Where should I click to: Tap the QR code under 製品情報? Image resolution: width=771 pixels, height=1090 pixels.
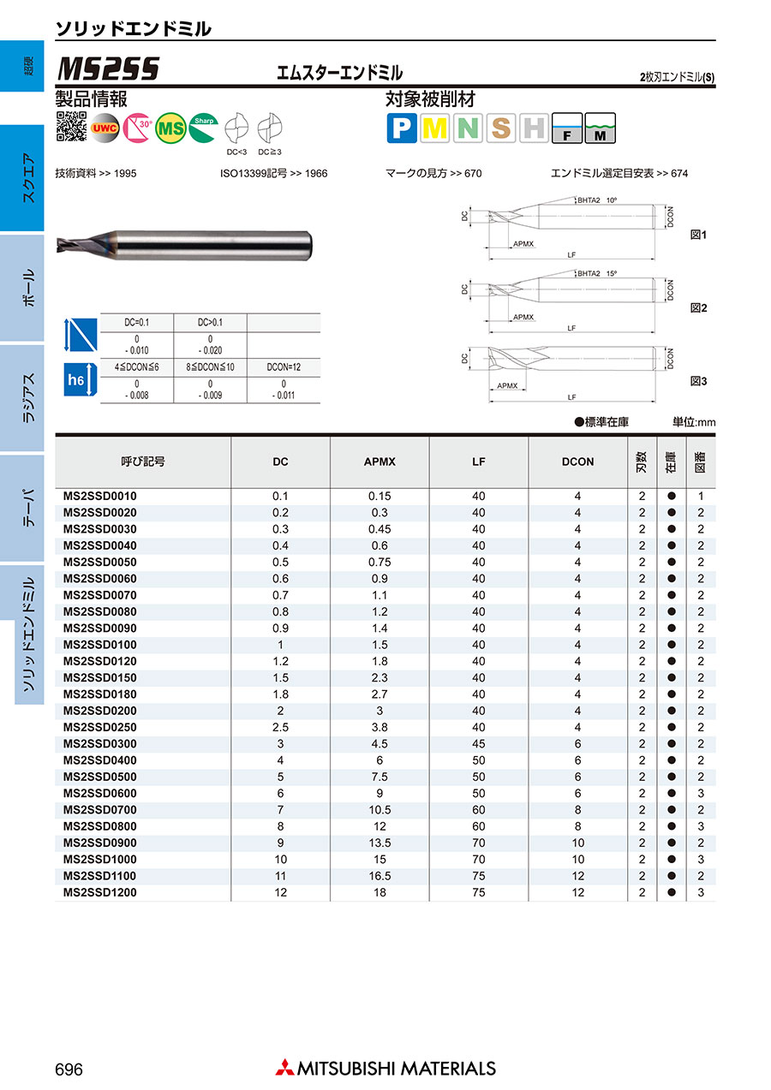coord(71,127)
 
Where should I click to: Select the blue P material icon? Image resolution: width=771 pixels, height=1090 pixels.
coord(402,128)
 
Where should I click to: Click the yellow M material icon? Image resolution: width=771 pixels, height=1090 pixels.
coord(435,128)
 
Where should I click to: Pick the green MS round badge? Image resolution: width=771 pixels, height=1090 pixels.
coord(171,128)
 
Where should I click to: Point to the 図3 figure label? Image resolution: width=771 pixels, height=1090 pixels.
coord(699,380)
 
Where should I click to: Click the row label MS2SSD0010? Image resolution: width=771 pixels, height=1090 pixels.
coord(100,496)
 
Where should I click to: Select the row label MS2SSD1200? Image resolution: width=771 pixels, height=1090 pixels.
coord(100,892)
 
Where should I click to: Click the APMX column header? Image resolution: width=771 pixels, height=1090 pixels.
coord(380,462)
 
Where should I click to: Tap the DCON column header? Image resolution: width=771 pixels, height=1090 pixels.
coord(577,462)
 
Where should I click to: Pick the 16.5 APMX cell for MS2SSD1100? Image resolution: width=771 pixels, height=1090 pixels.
coord(380,876)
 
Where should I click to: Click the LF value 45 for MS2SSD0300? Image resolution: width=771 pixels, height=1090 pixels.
coord(478,743)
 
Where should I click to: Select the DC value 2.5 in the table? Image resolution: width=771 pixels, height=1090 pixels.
coord(280,727)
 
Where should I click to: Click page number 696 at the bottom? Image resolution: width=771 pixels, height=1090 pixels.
coord(69,1069)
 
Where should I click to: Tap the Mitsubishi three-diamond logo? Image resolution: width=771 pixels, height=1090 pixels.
coord(284,1068)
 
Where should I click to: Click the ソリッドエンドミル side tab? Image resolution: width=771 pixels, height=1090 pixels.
coord(28,634)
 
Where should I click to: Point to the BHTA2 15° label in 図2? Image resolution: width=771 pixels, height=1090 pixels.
coord(597,274)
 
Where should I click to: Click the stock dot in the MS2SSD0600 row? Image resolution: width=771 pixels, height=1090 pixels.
coord(672,793)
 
